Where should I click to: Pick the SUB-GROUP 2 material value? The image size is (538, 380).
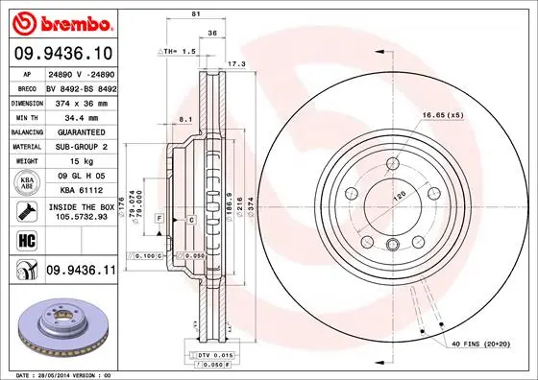click(77, 146)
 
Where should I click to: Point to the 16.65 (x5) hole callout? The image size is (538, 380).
click(442, 115)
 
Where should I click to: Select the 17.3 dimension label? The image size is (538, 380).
click(232, 63)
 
